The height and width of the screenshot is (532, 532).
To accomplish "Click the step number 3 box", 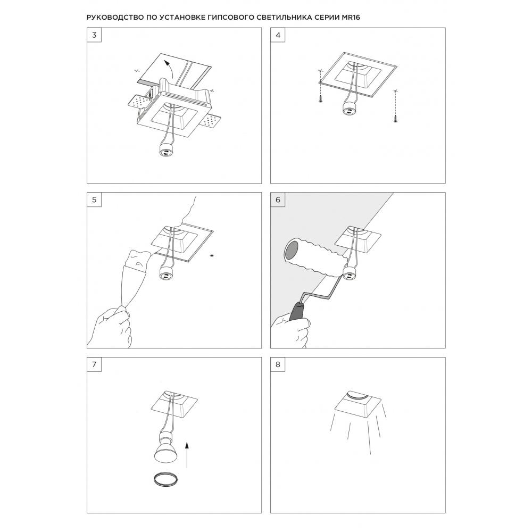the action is (x=94, y=35).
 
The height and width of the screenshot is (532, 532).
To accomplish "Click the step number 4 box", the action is (x=278, y=35).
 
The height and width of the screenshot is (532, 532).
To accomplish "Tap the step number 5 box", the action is (x=94, y=200).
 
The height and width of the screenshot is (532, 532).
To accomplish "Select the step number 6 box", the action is (x=278, y=200).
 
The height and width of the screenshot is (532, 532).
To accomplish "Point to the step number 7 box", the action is (x=94, y=364).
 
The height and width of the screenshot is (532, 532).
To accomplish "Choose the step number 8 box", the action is (x=278, y=364).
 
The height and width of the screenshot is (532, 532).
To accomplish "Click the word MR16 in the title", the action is (x=349, y=18).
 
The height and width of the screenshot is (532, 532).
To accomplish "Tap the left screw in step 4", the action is (x=321, y=99).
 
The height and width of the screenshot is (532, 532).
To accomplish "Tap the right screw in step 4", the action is (x=395, y=119).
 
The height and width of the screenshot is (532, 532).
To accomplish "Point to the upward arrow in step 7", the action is (x=187, y=455).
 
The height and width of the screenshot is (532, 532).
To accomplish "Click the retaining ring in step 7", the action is (x=165, y=479).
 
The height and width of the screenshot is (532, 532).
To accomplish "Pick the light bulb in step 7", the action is (x=165, y=448).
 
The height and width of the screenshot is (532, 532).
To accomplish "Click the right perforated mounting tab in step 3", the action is (x=212, y=121).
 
